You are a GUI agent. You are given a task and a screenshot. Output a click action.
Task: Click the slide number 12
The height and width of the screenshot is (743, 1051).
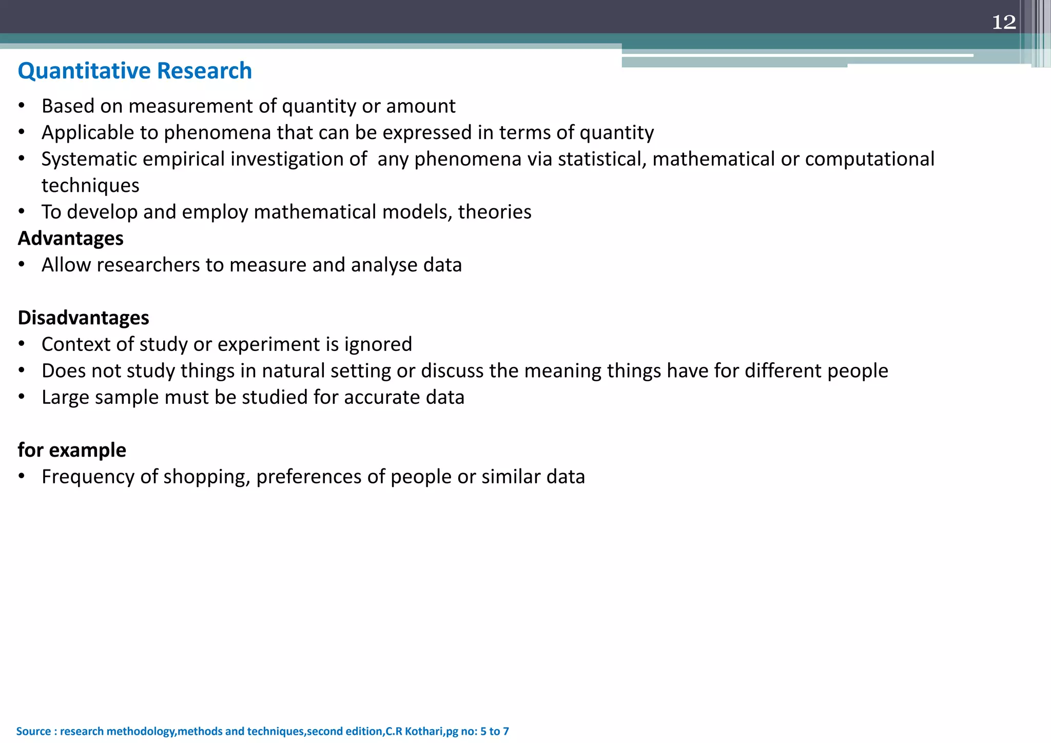pyautogui.click(x=1004, y=22)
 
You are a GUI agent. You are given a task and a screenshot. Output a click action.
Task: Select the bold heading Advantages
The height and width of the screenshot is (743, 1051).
pyautogui.click(x=71, y=239)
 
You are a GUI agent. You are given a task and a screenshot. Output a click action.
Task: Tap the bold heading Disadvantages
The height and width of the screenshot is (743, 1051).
pyautogui.click(x=83, y=318)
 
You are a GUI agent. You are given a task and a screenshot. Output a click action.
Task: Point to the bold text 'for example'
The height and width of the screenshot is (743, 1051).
pyautogui.click(x=72, y=450)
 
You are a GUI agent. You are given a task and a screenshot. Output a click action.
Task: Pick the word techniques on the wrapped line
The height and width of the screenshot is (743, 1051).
pyautogui.click(x=90, y=185)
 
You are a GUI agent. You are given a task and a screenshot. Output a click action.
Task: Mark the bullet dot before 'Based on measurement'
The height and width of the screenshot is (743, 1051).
pyautogui.click(x=22, y=106)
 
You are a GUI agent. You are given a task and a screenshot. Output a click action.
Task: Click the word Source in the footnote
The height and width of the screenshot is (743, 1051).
pyautogui.click(x=33, y=731)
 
